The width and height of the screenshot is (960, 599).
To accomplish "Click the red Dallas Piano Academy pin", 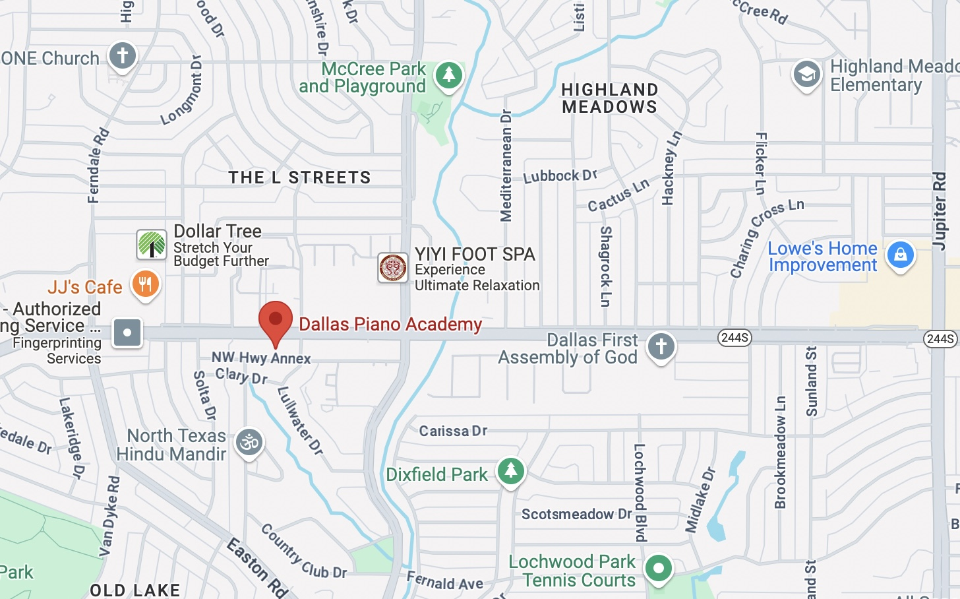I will pyautogui.click(x=276, y=320).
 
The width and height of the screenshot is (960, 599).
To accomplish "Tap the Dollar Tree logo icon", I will pyautogui.click(x=152, y=245).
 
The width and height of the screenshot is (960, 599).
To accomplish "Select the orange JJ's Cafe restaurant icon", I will pyautogui.click(x=145, y=284).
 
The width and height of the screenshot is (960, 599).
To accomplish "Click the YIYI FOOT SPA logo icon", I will pyautogui.click(x=392, y=268).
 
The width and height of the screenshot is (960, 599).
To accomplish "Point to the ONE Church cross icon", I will pyautogui.click(x=122, y=55).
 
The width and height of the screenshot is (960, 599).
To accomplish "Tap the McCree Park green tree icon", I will pyautogui.click(x=449, y=75).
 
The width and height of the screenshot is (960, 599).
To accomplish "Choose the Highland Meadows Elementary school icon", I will pyautogui.click(x=806, y=74).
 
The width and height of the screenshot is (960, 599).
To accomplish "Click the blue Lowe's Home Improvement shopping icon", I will pyautogui.click(x=901, y=255).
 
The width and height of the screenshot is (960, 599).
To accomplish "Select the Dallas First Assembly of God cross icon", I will pyautogui.click(x=661, y=346).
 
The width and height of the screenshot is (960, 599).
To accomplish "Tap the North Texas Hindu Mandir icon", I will pyautogui.click(x=249, y=442).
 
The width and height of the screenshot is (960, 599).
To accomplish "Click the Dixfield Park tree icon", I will pyautogui.click(x=510, y=471).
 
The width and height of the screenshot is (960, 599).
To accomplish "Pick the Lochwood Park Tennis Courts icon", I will pyautogui.click(x=658, y=568).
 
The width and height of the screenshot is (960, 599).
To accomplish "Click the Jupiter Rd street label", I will pyautogui.click(x=940, y=211).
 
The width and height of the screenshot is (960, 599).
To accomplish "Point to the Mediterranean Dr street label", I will pyautogui.click(x=506, y=166).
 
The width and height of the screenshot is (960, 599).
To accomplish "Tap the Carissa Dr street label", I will pyautogui.click(x=453, y=431).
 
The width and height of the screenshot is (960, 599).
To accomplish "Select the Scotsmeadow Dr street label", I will pyautogui.click(x=577, y=514).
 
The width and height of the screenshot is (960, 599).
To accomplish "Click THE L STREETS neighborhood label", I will pyautogui.click(x=299, y=177).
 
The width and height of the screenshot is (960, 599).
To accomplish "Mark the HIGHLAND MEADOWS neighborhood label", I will pyautogui.click(x=610, y=98).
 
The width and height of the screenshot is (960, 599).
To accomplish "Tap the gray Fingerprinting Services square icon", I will pyautogui.click(x=127, y=332).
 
